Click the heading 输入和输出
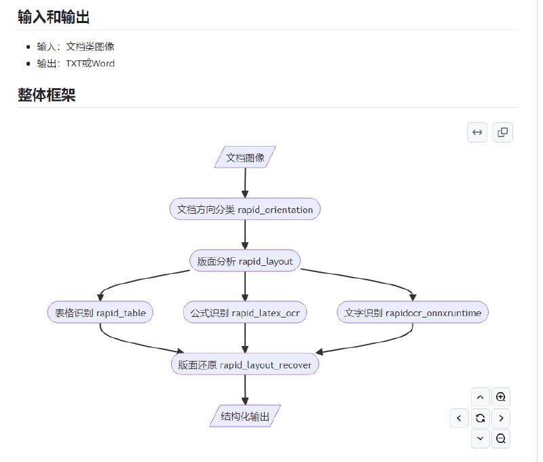pos(54,17)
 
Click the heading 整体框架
pos(46,95)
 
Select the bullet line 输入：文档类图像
pos(81,47)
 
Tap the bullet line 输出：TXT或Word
pos(76,64)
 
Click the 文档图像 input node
pos(245,157)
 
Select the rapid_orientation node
pos(245,210)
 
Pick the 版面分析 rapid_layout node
pos(245,261)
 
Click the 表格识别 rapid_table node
pos(100,313)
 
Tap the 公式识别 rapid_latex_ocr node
pos(245,313)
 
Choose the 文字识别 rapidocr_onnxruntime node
pos(413,313)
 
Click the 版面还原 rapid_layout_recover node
pos(245,364)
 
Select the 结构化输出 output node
pos(245,417)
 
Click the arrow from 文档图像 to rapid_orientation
pos(245,183)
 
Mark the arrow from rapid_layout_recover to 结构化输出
pos(245,390)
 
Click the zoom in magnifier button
pos(501,397)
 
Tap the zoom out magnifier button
pos(501,439)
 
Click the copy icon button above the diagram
pos(503,132)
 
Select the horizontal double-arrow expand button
pos(477,132)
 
